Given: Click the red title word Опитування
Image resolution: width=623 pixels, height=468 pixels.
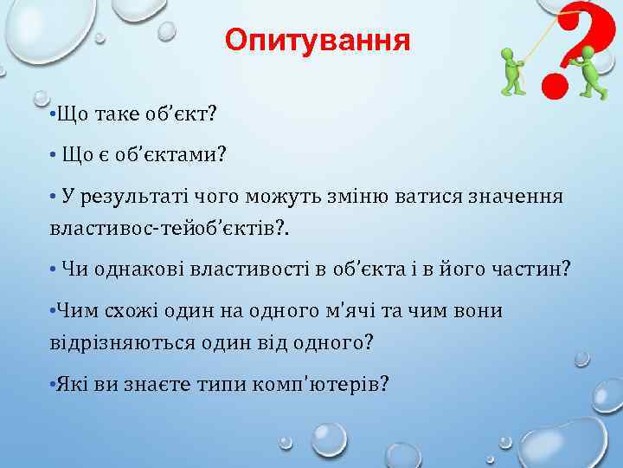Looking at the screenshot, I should tap(317, 41).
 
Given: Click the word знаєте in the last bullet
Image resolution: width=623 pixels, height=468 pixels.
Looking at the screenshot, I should tap(156, 382).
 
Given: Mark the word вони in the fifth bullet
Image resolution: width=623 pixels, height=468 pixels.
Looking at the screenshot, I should tap(482, 309).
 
